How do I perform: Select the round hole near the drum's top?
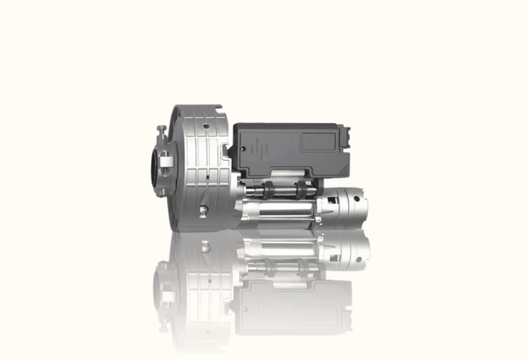(206, 125)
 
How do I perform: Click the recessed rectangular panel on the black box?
(318, 141)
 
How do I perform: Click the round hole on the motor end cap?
(356, 199)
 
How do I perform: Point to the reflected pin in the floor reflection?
(206, 246)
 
